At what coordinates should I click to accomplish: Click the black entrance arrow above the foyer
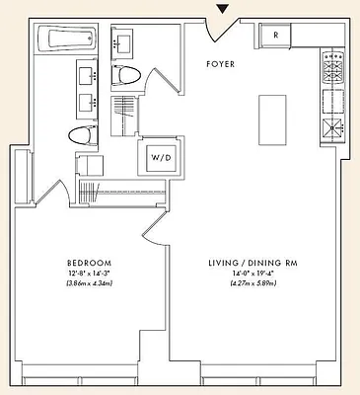click(224, 9)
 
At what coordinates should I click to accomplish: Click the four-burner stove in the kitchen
click(331, 69)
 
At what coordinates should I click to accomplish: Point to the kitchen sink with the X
click(331, 126)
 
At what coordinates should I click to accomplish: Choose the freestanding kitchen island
click(271, 108)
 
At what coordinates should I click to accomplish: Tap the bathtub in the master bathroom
click(66, 40)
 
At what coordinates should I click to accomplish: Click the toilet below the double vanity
click(82, 137)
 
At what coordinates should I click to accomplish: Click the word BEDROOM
click(87, 263)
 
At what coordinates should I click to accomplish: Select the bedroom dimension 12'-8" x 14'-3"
click(87, 274)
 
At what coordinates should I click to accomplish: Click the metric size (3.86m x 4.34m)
click(87, 284)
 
